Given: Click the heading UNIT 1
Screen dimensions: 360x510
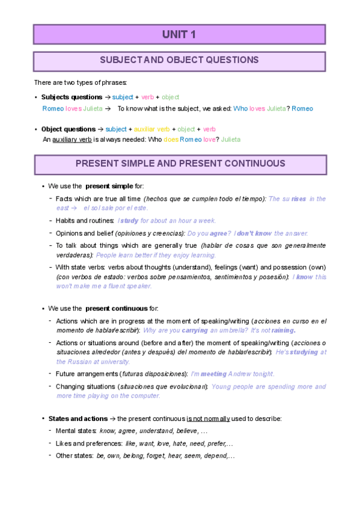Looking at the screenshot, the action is point(179,35).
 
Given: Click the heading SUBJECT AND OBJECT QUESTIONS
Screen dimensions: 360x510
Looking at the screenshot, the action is point(179,60).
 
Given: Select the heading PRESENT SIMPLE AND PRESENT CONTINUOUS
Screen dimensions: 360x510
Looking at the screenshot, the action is point(180,164).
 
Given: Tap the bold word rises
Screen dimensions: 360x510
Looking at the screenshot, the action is point(299,198).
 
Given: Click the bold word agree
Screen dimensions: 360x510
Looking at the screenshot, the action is point(218,233).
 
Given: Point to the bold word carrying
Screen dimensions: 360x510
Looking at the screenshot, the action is point(195,330).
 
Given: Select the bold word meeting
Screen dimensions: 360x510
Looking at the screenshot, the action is point(214,373).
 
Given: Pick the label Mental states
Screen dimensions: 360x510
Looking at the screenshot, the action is point(76,431).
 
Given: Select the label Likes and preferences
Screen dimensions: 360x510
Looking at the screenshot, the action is point(88,443).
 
